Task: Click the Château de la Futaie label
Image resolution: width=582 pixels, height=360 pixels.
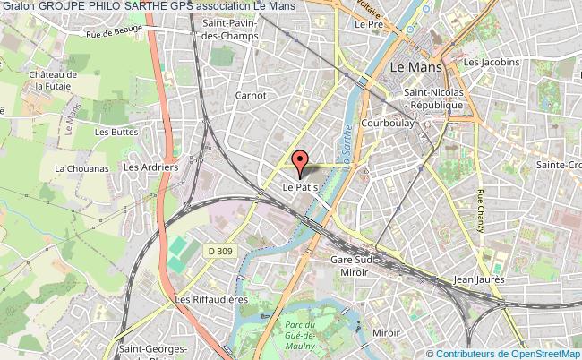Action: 52,80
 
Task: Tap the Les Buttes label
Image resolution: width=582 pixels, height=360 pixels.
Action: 114,133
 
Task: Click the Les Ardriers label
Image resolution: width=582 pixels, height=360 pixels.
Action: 143,167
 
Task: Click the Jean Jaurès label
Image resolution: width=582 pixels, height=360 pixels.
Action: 480,279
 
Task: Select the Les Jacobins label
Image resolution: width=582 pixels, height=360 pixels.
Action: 491,62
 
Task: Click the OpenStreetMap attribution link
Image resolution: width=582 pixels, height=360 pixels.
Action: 542,353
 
